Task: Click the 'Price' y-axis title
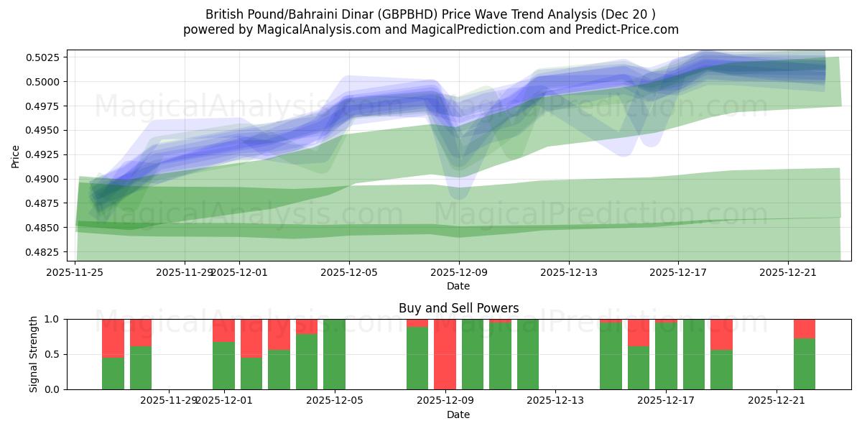(x=16, y=155)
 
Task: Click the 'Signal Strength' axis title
(x=34, y=354)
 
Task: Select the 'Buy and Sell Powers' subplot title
(x=458, y=308)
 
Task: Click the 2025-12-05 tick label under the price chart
(x=349, y=272)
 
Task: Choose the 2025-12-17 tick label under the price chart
(x=679, y=272)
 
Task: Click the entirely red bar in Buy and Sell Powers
(x=445, y=354)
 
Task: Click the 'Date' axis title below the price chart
(x=458, y=286)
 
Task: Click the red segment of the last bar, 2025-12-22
(x=804, y=328)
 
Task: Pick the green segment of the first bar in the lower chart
(x=113, y=373)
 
